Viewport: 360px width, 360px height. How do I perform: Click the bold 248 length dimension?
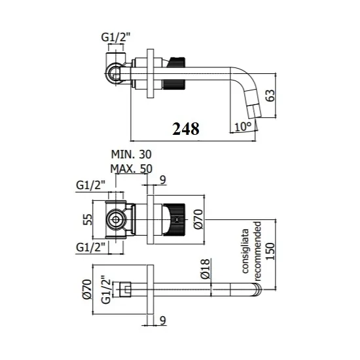coord(186,129)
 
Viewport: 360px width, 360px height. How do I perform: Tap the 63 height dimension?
coord(270,96)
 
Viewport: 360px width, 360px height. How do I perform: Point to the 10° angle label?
coord(243,126)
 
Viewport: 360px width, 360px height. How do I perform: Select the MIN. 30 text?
coord(132,154)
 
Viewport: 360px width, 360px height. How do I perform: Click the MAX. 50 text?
coord(132,169)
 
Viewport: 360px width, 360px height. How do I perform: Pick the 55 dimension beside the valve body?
coord(87,219)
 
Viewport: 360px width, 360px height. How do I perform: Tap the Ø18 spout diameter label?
coord(206,268)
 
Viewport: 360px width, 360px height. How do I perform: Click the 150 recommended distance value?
coord(270,251)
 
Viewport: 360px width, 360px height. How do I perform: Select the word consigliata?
coord(245,251)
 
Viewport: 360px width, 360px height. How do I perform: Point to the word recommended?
coord(257,251)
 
